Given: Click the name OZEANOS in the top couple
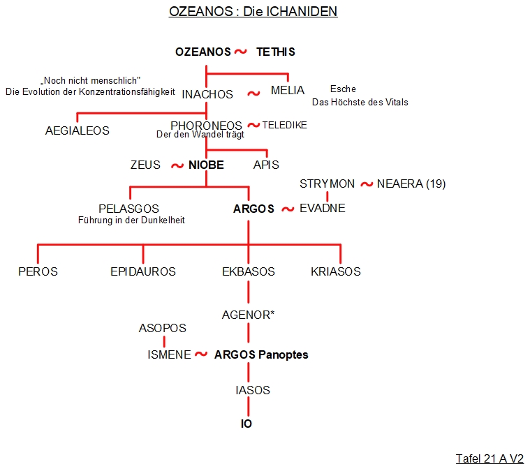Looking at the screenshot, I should pyautogui.click(x=202, y=52).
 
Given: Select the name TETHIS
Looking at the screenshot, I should pyautogui.click(x=275, y=52).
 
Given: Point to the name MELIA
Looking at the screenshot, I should pyautogui.click(x=288, y=91).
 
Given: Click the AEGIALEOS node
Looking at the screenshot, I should pyautogui.click(x=78, y=130).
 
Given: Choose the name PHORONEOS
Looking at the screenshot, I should pyautogui.click(x=206, y=126).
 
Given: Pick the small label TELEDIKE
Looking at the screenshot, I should pyautogui.click(x=284, y=125).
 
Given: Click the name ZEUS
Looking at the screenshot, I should pyautogui.click(x=145, y=165).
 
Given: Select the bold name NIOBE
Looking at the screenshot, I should pyautogui.click(x=207, y=165).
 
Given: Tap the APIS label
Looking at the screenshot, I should pyautogui.click(x=266, y=165).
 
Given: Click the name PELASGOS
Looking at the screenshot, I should pyautogui.click(x=129, y=209).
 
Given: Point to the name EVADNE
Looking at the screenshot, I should pyautogui.click(x=323, y=209).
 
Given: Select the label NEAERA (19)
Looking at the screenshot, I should pyautogui.click(x=411, y=184).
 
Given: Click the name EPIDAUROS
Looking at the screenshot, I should pyautogui.click(x=143, y=271).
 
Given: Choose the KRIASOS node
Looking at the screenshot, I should pyautogui.click(x=336, y=271).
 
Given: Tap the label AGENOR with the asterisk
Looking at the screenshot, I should pyautogui.click(x=248, y=315).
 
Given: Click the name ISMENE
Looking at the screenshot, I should pyautogui.click(x=169, y=354).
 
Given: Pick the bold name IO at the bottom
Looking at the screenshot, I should pyautogui.click(x=246, y=424).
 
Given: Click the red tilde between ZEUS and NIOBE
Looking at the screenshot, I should pyautogui.click(x=176, y=166).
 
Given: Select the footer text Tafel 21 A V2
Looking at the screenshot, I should pyautogui.click(x=489, y=458).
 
